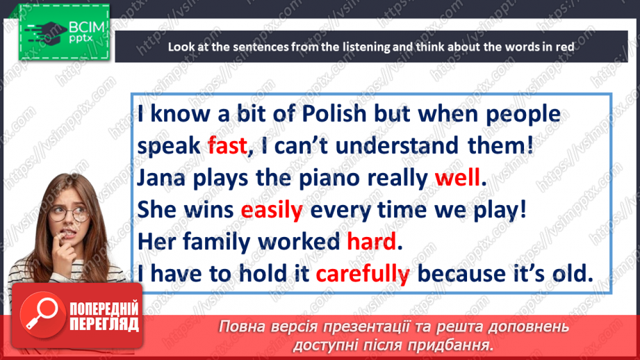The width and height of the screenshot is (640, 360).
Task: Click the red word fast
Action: coord(227,146)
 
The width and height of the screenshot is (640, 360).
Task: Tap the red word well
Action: coord(457,177)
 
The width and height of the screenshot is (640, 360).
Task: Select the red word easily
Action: coord(272,211)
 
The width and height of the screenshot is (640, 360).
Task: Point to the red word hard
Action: coord(372,241)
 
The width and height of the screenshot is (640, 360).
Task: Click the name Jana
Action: coord(161,178)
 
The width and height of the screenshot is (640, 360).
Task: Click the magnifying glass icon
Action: coord(42,314)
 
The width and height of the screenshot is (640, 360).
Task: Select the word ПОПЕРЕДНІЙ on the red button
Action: coord(104,309)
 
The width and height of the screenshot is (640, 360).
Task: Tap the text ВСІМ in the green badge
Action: coord(87,27)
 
